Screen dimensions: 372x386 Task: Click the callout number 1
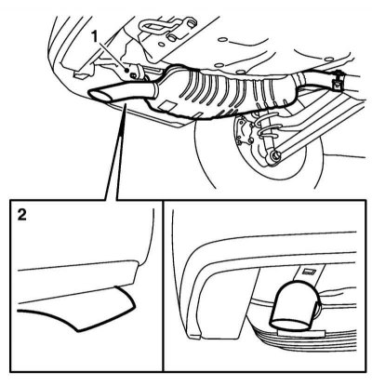[95, 37]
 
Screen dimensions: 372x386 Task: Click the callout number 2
[22, 215]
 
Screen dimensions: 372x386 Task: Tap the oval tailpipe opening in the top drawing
[100, 95]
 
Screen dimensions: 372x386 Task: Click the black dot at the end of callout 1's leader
[126, 71]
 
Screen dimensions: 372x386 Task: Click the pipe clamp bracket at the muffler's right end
[337, 81]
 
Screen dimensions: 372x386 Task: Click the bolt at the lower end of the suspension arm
[275, 154]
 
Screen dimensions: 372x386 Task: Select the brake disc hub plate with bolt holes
[245, 131]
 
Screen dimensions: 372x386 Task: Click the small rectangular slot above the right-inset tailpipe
[310, 272]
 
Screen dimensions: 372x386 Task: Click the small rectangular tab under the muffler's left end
[166, 105]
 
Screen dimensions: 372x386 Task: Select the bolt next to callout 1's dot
[133, 74]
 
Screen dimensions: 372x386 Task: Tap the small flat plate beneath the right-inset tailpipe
[301, 333]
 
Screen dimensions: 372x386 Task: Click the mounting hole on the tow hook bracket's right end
[193, 22]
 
